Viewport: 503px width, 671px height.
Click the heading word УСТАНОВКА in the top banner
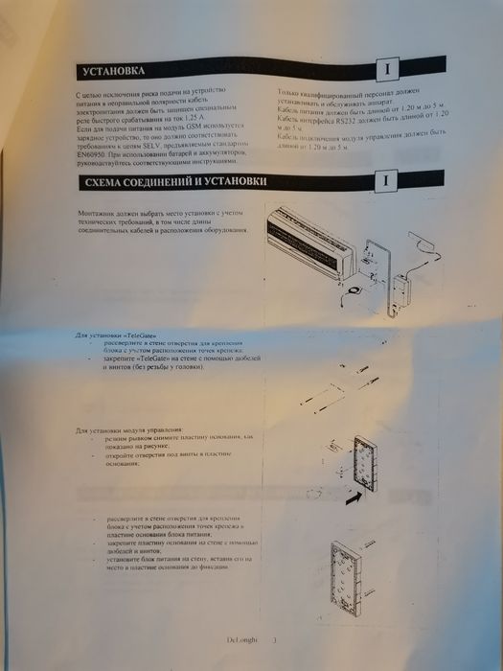click(x=113, y=72)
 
